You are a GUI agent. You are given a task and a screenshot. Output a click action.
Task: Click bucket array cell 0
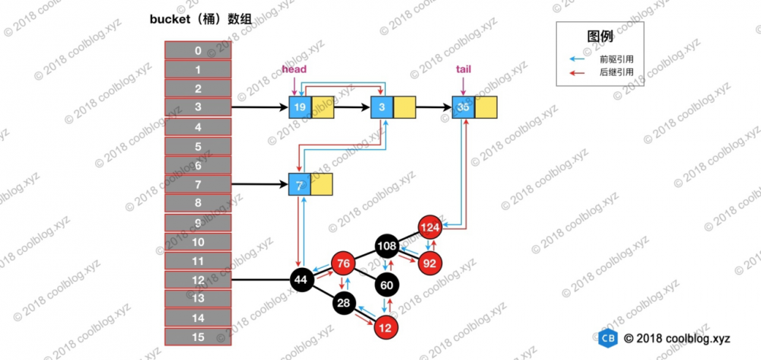point(199,51)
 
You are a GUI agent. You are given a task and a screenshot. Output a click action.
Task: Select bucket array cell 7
point(199,184)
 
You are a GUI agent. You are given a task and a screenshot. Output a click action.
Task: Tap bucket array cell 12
point(199,279)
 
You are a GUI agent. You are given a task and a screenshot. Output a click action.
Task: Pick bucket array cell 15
point(199,336)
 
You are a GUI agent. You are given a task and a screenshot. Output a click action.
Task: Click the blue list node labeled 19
point(300,107)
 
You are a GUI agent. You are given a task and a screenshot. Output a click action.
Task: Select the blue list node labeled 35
point(463,107)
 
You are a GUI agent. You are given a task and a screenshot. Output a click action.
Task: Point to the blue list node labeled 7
point(299,184)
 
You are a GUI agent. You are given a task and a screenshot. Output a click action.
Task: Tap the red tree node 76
point(343,264)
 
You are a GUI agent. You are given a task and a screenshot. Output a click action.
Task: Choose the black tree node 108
point(387,246)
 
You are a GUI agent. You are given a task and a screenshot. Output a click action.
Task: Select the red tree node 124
point(430,227)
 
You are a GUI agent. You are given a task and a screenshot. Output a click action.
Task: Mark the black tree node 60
point(387,285)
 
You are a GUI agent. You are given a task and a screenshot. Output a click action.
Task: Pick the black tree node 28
point(344,304)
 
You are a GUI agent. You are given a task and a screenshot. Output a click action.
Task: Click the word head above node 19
point(294,69)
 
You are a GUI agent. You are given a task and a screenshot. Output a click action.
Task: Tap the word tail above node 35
point(463,69)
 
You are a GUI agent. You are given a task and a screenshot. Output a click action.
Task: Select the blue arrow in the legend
point(581,58)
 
